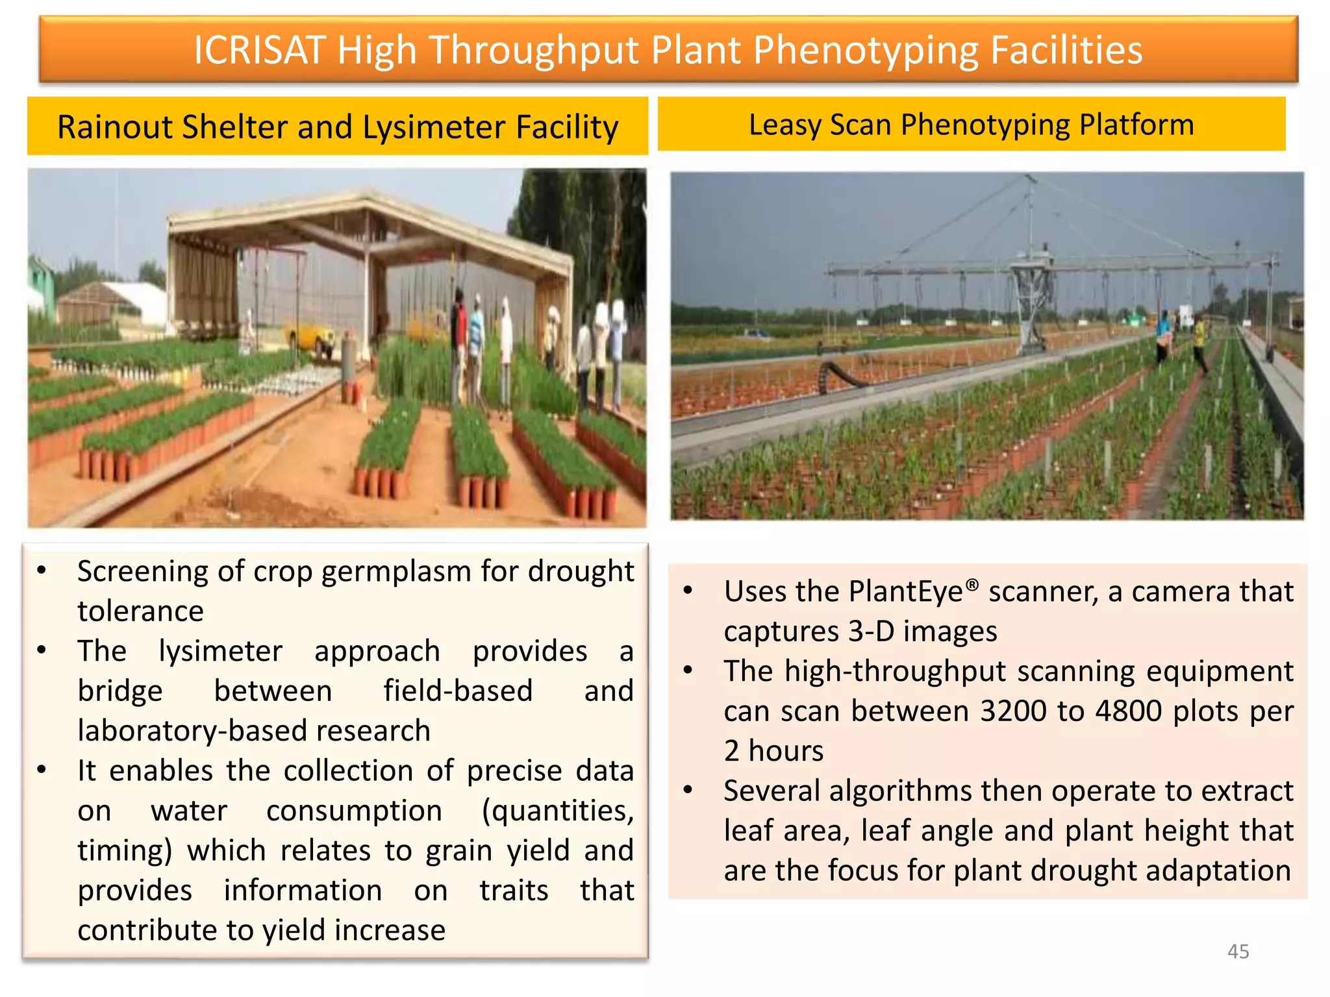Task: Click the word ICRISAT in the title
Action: pyautogui.click(x=259, y=50)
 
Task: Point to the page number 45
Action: pyautogui.click(x=1238, y=951)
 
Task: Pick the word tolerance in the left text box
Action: pyautogui.click(x=140, y=611)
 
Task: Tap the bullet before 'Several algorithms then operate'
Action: pyautogui.click(x=688, y=791)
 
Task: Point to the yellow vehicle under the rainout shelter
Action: pyautogui.click(x=312, y=338)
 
